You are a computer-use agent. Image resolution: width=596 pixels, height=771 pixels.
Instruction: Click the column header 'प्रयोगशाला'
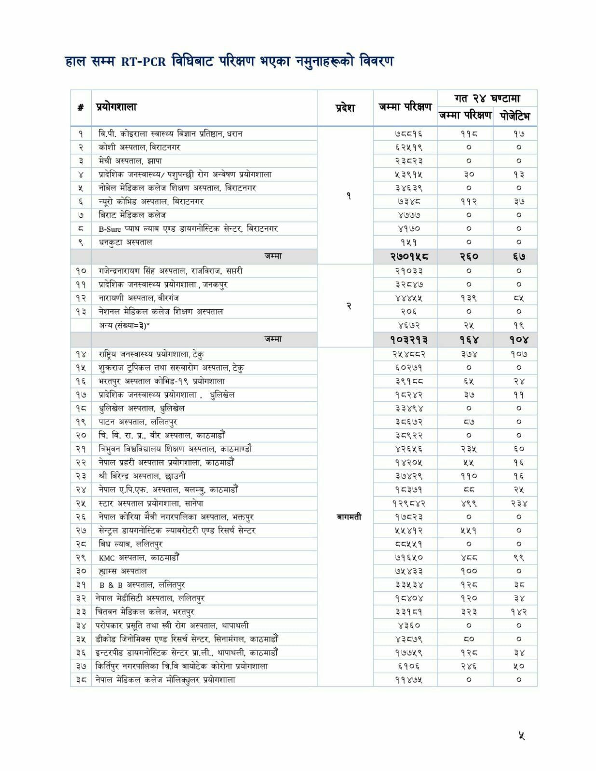click(116, 107)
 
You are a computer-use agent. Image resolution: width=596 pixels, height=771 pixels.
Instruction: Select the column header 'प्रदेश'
click(345, 108)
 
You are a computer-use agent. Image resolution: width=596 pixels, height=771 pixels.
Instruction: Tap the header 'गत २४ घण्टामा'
click(487, 98)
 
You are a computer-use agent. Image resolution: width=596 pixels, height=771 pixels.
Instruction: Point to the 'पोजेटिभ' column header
click(515, 116)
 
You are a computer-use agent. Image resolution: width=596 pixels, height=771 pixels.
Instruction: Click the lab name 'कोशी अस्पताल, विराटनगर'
click(139, 147)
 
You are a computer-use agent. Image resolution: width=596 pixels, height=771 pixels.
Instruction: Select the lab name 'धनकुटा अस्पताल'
click(125, 242)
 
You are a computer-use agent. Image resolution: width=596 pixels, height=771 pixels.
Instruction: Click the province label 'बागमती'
click(349, 517)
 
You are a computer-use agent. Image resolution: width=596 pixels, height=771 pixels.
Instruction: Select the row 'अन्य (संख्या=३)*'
click(124, 325)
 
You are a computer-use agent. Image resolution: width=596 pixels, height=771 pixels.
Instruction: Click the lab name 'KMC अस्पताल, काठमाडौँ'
click(139, 558)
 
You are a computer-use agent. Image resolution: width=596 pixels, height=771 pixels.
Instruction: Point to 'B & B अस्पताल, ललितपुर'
click(142, 585)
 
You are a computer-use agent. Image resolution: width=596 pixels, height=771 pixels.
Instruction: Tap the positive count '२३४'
click(519, 504)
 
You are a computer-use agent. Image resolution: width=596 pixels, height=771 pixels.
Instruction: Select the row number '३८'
click(81, 680)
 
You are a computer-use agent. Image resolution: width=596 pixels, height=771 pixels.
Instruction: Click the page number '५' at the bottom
click(521, 736)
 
